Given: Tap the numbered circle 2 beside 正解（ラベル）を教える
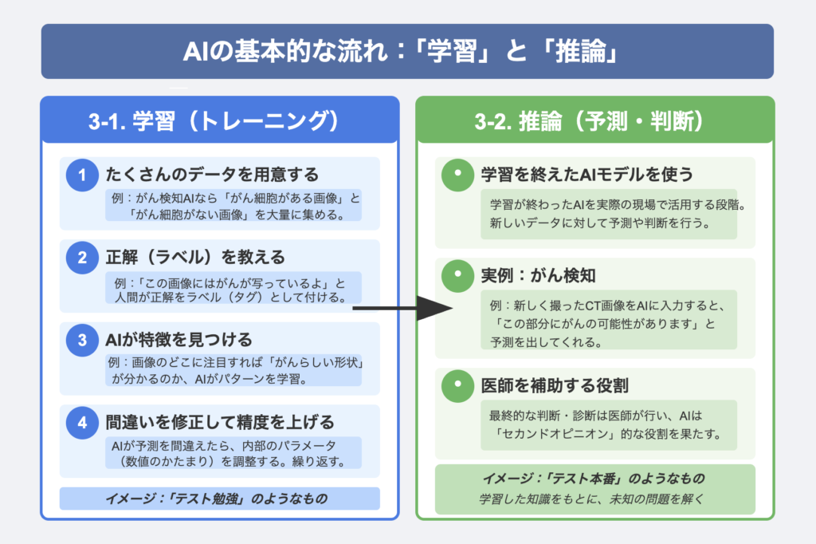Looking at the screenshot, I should pyautogui.click(x=81, y=258).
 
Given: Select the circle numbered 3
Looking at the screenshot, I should pyautogui.click(x=81, y=341).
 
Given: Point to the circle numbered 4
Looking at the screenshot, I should pyautogui.click(x=81, y=424).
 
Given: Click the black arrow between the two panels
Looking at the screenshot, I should pyautogui.click(x=402, y=308).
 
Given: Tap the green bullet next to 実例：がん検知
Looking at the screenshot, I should pyautogui.click(x=457, y=276).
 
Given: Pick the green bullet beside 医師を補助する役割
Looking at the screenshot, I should pyautogui.click(x=457, y=386).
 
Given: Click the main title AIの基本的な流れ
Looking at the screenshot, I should pyautogui.click(x=407, y=52).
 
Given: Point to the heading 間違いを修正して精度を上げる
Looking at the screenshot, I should pyautogui.click(x=220, y=422).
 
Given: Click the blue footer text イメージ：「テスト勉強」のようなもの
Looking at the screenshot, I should pyautogui.click(x=219, y=499).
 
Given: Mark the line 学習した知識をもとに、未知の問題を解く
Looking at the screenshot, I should pyautogui.click(x=594, y=499).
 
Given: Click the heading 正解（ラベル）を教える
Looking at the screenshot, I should pyautogui.click(x=195, y=258).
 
